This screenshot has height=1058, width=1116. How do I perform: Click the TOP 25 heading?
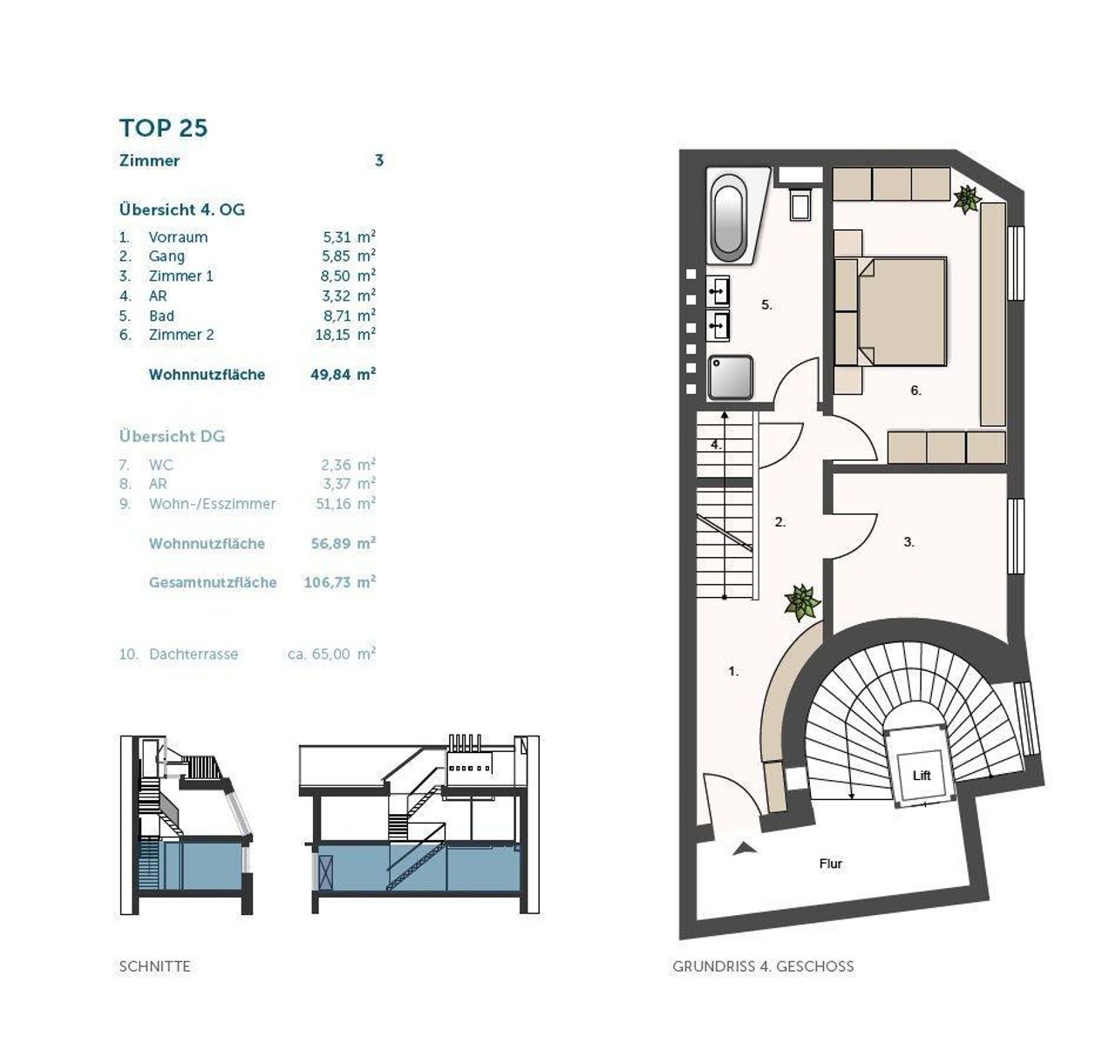[x=164, y=128]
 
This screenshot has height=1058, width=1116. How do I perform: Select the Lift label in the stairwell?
[x=922, y=776]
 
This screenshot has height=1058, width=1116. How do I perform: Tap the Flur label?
[x=831, y=864]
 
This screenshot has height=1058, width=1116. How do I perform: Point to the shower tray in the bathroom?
[x=730, y=377]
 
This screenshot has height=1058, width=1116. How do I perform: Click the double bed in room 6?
[x=890, y=311]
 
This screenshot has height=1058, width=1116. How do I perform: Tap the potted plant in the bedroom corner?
[x=967, y=200]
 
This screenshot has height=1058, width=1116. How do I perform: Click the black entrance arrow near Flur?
[x=745, y=849]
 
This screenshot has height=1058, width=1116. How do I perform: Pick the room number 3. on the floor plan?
[x=908, y=542]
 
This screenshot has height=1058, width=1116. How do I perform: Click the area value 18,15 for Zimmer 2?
[x=333, y=335]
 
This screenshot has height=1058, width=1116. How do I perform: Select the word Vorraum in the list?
[x=178, y=237]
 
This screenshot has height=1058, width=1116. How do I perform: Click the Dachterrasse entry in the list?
[x=194, y=654]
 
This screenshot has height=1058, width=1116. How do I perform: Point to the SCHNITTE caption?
[x=154, y=966]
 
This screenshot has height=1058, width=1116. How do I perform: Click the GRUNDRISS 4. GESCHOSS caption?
[x=763, y=966]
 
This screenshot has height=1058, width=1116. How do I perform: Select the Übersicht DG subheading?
[x=172, y=437]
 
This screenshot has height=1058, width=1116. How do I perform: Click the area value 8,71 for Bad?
[x=337, y=315]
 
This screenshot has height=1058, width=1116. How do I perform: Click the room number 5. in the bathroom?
[x=766, y=305]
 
